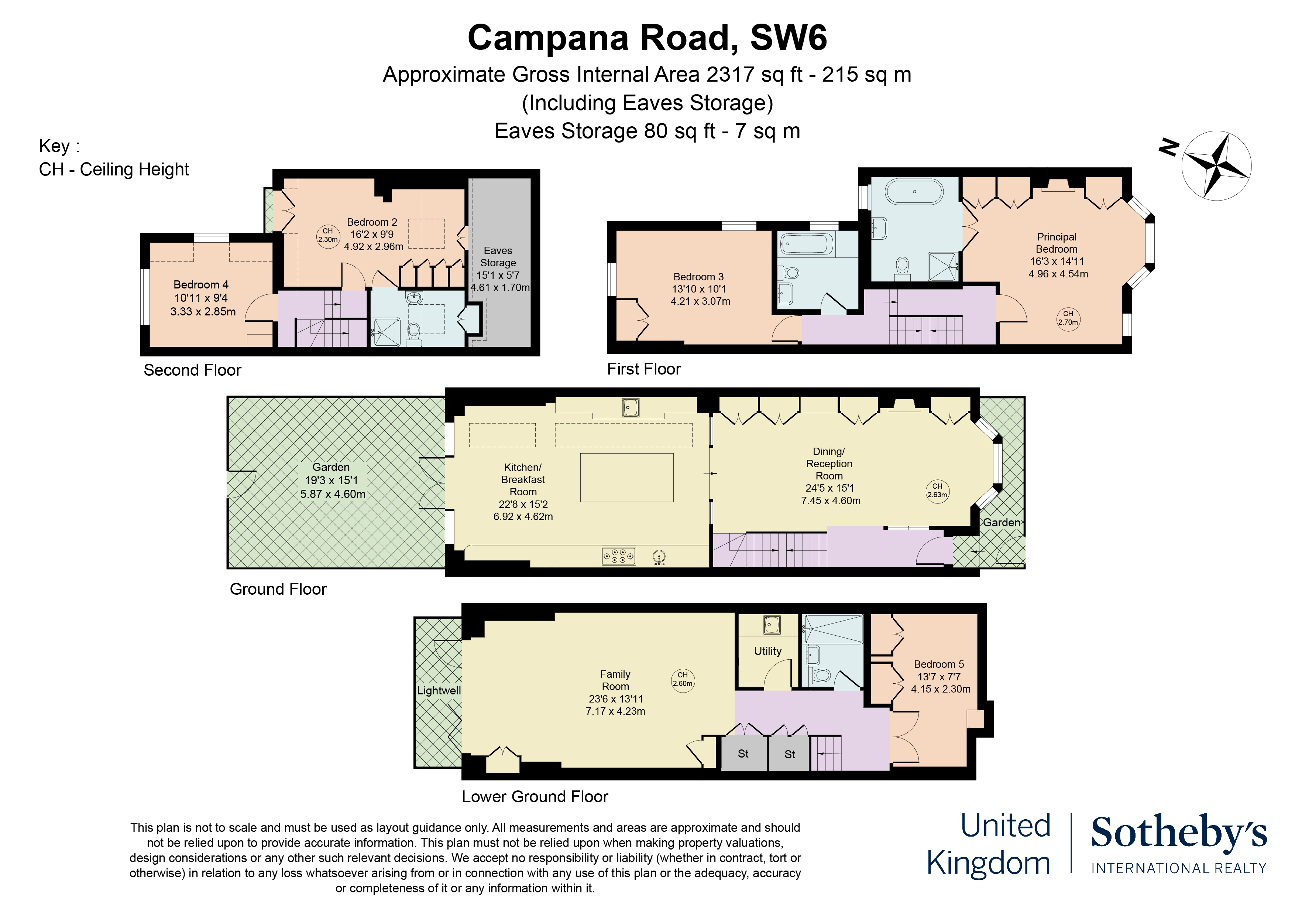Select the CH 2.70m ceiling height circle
[1068, 318]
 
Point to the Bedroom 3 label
[698, 277]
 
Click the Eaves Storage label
[498, 257]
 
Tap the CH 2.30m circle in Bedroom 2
[328, 235]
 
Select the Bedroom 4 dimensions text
[203, 305]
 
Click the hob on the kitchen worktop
[619, 556]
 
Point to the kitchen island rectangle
[626, 478]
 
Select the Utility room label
[767, 651]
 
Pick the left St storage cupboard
[743, 754]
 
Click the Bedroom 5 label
[939, 664]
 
